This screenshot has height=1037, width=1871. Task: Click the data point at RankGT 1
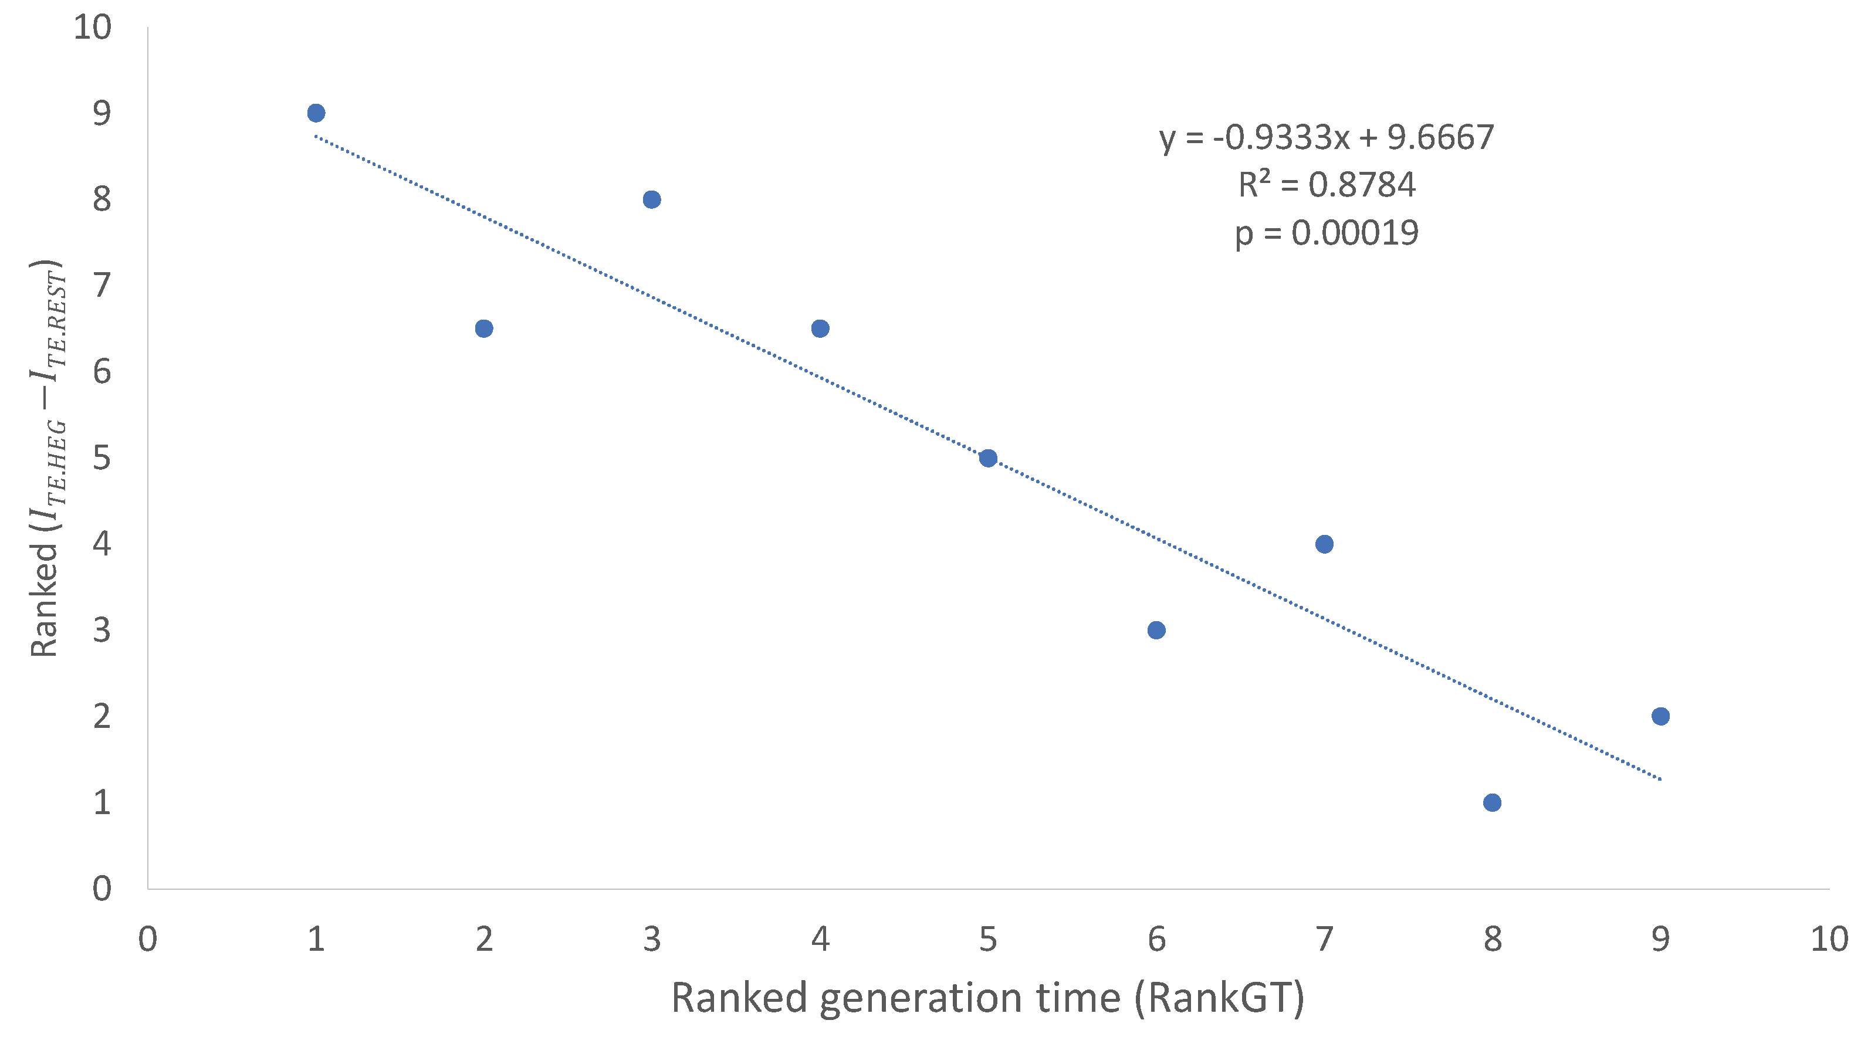click(316, 113)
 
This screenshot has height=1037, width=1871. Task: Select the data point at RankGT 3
click(651, 199)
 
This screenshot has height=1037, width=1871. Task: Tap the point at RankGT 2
click(483, 329)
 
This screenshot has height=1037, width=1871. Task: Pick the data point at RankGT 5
click(988, 458)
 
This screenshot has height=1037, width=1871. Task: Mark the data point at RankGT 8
click(1492, 802)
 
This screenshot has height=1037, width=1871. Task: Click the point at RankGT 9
click(1660, 717)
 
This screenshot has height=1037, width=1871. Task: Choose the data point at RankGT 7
click(1324, 544)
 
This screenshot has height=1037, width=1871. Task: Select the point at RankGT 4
click(820, 329)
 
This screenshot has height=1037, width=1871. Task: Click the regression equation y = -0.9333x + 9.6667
click(1327, 138)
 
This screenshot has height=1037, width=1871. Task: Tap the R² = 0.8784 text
click(1327, 185)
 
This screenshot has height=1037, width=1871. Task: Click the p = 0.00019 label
click(1327, 233)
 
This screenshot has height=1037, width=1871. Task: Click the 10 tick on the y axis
click(93, 28)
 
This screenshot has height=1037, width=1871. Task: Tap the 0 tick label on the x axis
click(147, 940)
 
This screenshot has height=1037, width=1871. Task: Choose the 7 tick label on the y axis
click(101, 286)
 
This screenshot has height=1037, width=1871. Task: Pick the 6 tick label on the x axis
click(1156, 940)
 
